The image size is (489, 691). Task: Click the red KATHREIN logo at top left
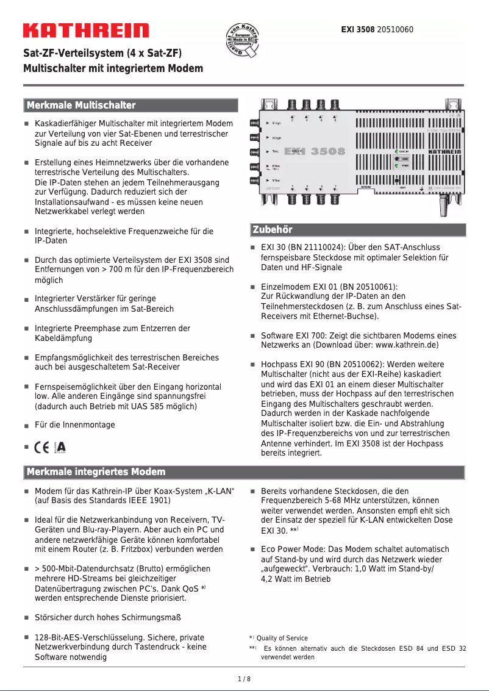click(x=86, y=30)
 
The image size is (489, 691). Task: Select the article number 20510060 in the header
click(x=396, y=29)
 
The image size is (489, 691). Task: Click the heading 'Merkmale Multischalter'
click(x=80, y=106)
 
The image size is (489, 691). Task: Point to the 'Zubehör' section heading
click(x=273, y=230)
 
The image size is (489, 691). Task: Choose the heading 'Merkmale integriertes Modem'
click(x=96, y=472)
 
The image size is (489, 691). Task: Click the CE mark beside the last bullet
click(x=42, y=447)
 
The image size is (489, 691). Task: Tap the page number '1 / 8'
click(x=244, y=679)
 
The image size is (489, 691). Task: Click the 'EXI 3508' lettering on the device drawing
click(x=315, y=151)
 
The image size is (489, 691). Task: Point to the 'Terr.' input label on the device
click(x=276, y=152)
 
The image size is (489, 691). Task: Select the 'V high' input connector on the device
click(x=254, y=123)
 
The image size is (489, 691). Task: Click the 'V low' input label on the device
click(x=276, y=181)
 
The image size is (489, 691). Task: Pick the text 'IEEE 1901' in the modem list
click(x=150, y=500)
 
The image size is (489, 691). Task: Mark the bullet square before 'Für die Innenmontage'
click(x=27, y=426)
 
